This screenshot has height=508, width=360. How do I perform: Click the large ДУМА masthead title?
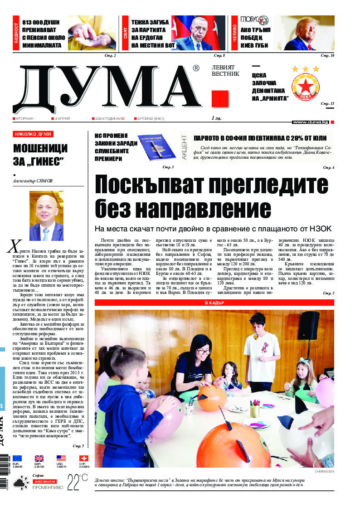107,88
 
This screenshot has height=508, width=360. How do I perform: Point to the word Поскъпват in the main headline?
157,185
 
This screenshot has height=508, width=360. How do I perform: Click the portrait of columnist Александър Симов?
46,215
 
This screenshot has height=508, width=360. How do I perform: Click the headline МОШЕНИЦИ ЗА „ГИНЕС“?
40,155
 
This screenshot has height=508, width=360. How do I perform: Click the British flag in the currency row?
39,459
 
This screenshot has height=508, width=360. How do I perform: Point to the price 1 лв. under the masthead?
216,118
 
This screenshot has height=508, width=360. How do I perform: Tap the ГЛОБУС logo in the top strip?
254,20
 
